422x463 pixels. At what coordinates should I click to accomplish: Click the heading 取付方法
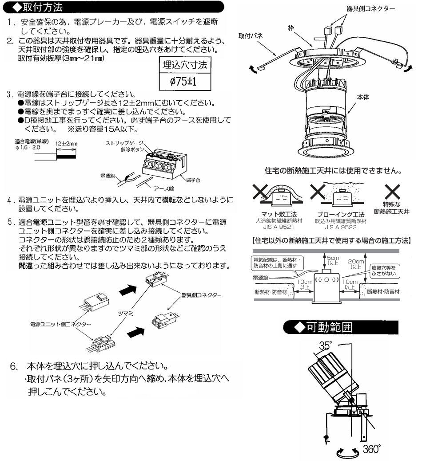tap(43, 7)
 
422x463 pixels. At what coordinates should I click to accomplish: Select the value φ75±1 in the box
tap(184, 82)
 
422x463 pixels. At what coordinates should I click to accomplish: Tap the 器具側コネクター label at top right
tap(366, 8)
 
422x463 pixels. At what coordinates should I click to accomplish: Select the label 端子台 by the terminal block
tap(194, 179)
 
